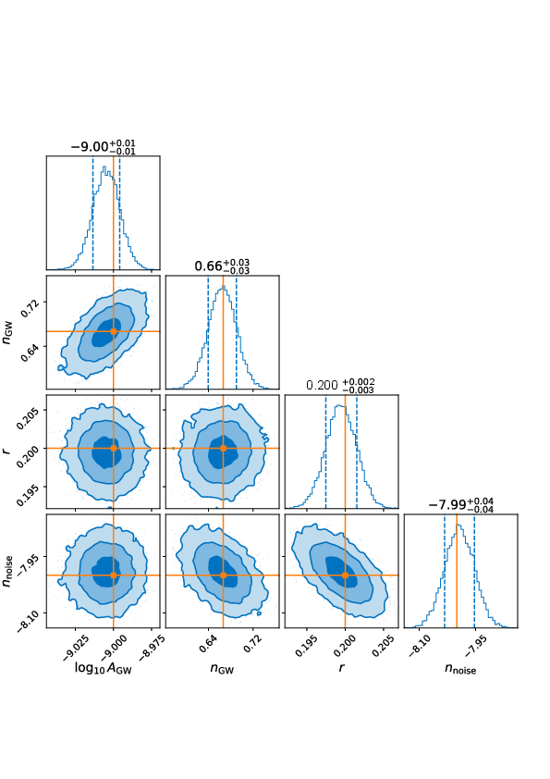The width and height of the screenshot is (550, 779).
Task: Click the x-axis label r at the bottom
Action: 342,678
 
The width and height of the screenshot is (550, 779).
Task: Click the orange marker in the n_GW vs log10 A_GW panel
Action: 114,330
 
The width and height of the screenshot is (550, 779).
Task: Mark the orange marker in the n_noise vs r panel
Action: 345,575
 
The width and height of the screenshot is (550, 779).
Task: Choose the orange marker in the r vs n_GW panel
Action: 223,448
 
